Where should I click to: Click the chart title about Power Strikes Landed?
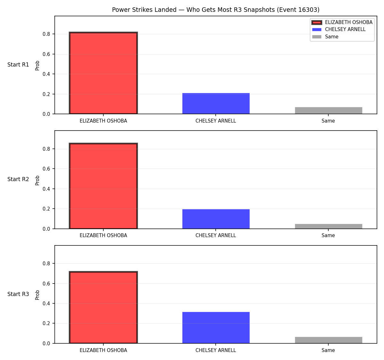(x=216, y=10)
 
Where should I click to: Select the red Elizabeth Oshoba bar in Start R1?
(x=103, y=73)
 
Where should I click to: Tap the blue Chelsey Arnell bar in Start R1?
(x=216, y=103)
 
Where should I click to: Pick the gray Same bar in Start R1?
(x=328, y=110)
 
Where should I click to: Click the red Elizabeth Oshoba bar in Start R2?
(x=103, y=186)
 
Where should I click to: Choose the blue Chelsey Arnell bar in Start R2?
(x=216, y=219)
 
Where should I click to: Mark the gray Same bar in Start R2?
(x=328, y=226)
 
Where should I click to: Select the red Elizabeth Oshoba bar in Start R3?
(x=103, y=308)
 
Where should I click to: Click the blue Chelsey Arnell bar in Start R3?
(x=216, y=328)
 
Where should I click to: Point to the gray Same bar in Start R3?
(x=328, y=340)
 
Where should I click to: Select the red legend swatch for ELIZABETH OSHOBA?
(x=317, y=22)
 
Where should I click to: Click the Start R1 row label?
(x=18, y=65)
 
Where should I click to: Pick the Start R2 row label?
(x=18, y=179)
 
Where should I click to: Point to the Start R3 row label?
(x=18, y=294)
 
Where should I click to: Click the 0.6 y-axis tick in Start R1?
(x=46, y=54)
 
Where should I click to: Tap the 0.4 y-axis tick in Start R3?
(x=46, y=303)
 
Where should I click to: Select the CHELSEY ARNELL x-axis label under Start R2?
(x=216, y=236)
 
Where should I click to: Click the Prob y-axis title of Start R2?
(x=37, y=180)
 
